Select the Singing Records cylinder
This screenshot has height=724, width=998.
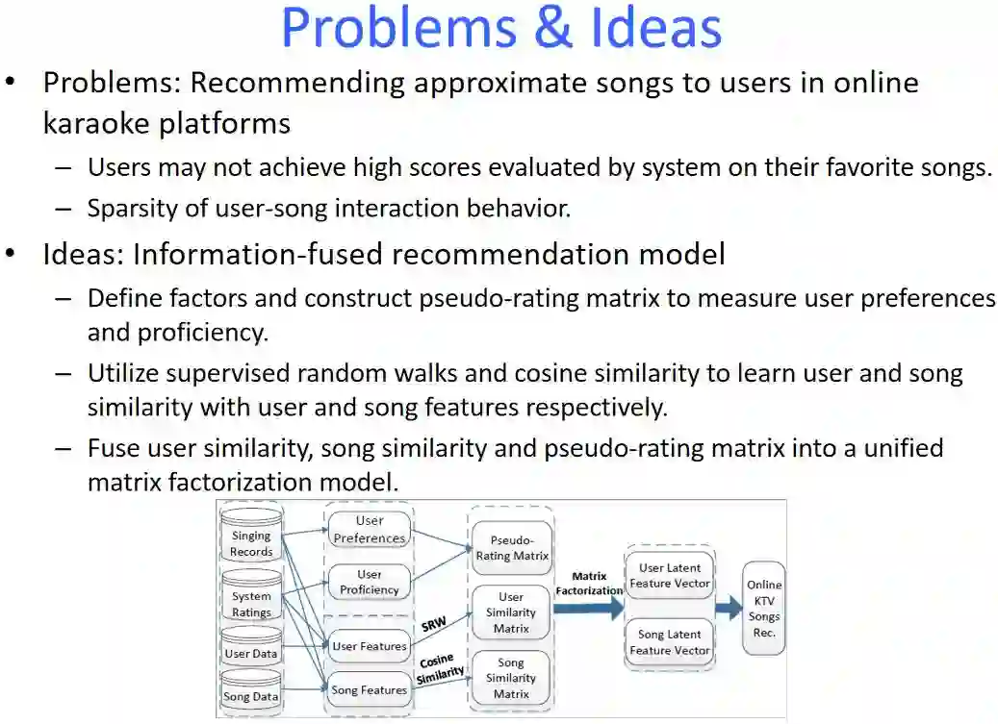pos(251,538)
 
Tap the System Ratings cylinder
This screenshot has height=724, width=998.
pos(251,598)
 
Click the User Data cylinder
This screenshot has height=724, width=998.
pos(251,650)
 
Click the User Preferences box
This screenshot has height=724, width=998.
pos(370,530)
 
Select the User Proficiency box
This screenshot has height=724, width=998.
pos(370,582)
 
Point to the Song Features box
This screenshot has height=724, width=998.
pos(370,689)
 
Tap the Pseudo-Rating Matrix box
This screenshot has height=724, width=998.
pos(512,547)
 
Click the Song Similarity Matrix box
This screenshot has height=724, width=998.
pos(511,678)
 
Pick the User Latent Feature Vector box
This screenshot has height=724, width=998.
pos(670,575)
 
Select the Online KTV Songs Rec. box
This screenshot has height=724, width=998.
pos(764,609)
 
